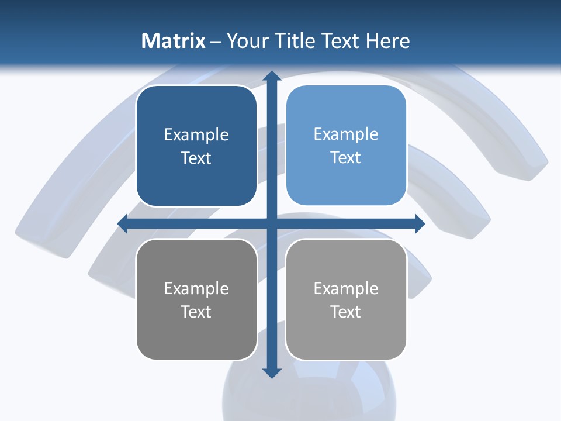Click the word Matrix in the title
(174, 41)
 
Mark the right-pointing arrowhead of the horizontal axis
(419, 223)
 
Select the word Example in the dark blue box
(196, 135)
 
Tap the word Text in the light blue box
(345, 158)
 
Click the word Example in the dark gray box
(196, 288)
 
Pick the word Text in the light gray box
(345, 312)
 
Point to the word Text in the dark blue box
(196, 158)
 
